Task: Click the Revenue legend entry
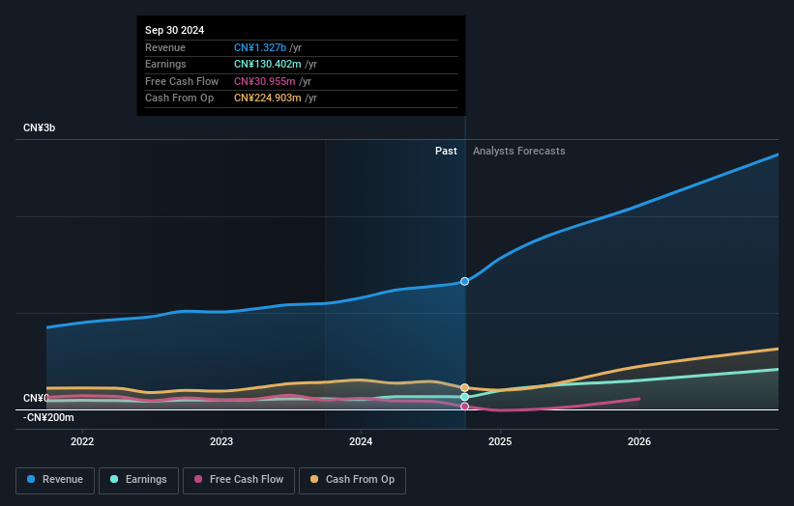[x=56, y=480]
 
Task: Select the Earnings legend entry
[x=138, y=480]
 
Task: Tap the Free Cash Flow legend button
[x=239, y=480]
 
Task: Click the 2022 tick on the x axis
[x=82, y=441]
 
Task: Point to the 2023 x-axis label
[x=221, y=441]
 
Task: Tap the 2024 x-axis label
[x=361, y=441]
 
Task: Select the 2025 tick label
[x=500, y=441]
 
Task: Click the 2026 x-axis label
[x=639, y=441]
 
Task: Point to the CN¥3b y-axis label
[x=41, y=128]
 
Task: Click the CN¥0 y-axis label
[x=35, y=398]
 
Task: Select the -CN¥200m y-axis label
[x=47, y=417]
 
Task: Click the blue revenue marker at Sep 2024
[x=465, y=281]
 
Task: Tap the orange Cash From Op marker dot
[x=465, y=388]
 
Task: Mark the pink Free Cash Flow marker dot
[x=465, y=407]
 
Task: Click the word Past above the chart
[x=446, y=151]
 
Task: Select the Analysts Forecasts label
[x=518, y=151]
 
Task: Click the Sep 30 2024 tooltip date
[x=175, y=31]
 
